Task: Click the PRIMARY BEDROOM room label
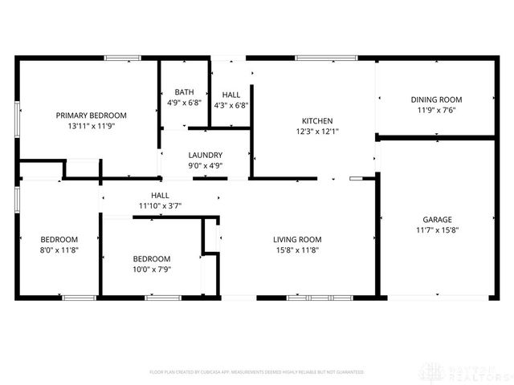coord(91,115)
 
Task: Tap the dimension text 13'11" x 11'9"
coord(91,127)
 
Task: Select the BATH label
coord(183,92)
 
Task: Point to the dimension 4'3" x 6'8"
coord(231,104)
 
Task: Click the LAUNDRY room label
coord(205,155)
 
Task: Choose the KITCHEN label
coord(314,120)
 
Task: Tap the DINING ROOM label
coord(436,99)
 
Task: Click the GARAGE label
coord(438,219)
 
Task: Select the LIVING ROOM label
coord(297,239)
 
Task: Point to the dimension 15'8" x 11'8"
coord(297,250)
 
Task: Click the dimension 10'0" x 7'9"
coord(151,269)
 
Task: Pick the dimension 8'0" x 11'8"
coord(59,250)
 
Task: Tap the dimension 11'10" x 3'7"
coord(159,206)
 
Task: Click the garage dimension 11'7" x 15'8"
coord(438,230)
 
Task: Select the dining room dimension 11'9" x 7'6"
coord(436,111)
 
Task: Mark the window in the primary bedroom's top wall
coord(123,58)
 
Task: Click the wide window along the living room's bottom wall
coord(320,298)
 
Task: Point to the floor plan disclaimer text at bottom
coord(257,372)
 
